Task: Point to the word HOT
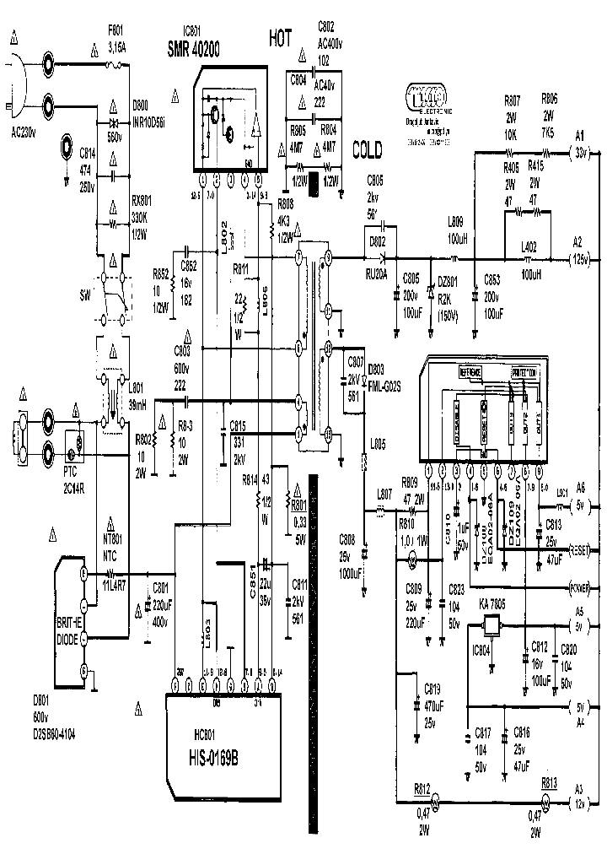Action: click(282, 38)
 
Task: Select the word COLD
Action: click(367, 150)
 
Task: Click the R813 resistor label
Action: click(550, 781)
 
